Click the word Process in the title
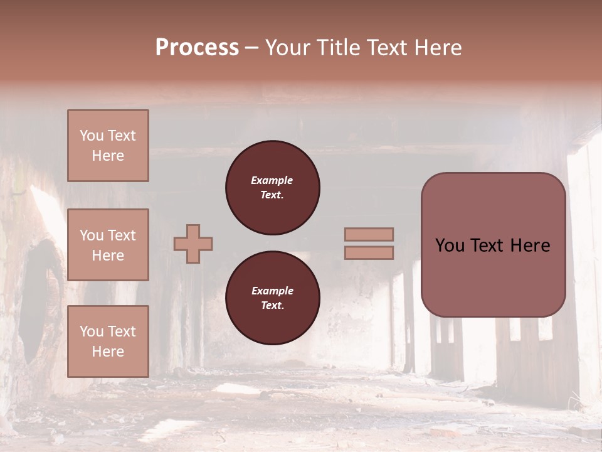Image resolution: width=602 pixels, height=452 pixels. click(197, 48)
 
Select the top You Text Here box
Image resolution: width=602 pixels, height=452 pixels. click(108, 146)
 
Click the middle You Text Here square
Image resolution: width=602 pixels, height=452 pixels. click(108, 245)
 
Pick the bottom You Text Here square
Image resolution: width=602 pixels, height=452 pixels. click(108, 342)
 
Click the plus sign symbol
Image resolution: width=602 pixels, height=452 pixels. click(193, 244)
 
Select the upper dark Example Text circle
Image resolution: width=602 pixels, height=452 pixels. click(272, 188)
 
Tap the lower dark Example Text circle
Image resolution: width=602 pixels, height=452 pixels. click(272, 298)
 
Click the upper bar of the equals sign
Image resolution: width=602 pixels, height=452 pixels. click(369, 234)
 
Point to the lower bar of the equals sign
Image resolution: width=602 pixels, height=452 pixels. click(369, 253)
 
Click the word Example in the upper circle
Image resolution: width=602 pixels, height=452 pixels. click(272, 180)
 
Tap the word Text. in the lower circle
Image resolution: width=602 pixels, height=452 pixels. click(272, 306)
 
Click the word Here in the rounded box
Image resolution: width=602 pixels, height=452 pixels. click(530, 245)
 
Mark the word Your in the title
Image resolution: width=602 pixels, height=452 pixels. click(287, 48)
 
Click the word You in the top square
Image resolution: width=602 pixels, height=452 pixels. click(92, 136)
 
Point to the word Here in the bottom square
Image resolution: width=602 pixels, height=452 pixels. click(108, 352)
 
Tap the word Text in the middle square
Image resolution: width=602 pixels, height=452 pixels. click(122, 235)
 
